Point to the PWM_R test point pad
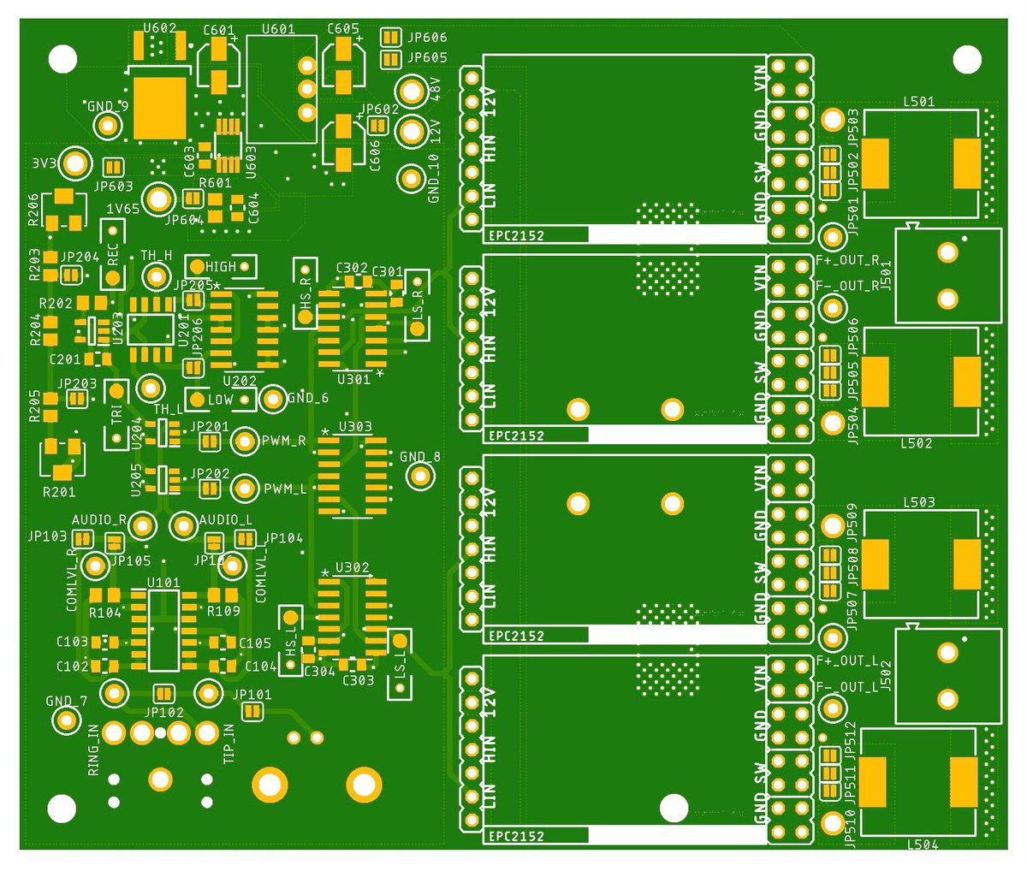(x=245, y=441)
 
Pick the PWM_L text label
(x=285, y=489)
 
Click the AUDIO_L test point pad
(x=184, y=526)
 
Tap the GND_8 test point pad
(x=419, y=477)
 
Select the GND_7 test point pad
(x=66, y=720)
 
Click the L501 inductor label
(x=919, y=102)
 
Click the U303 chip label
(x=355, y=426)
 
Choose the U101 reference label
(x=163, y=583)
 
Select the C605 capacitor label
(x=343, y=29)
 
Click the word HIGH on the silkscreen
(x=220, y=267)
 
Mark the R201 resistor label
(x=59, y=492)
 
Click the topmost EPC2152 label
(x=516, y=235)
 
